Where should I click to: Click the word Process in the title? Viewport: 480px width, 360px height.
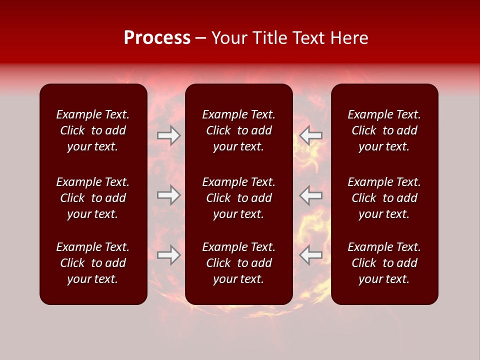point(157,38)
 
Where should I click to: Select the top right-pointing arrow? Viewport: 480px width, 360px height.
point(169,135)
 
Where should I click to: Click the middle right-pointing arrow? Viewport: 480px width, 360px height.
point(169,195)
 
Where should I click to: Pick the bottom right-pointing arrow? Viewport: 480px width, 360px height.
point(169,255)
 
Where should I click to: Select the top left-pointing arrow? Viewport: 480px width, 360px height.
point(310,135)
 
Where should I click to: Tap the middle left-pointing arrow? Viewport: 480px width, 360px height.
point(310,195)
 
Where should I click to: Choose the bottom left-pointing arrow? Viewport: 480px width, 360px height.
point(310,255)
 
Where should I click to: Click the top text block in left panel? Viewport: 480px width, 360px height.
point(93,130)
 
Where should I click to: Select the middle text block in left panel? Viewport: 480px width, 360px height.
point(93,198)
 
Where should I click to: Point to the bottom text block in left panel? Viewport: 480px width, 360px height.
point(93,263)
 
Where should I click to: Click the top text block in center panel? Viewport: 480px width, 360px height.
point(239,130)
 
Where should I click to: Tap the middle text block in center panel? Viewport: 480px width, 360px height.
point(239,198)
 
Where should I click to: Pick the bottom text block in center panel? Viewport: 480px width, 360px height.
point(239,263)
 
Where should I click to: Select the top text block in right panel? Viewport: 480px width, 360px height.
point(384,130)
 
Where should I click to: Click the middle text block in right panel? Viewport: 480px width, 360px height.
point(384,198)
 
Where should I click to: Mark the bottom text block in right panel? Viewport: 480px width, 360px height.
point(384,263)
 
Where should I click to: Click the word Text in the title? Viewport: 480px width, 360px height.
point(308,38)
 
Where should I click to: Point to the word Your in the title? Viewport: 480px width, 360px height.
point(229,38)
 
